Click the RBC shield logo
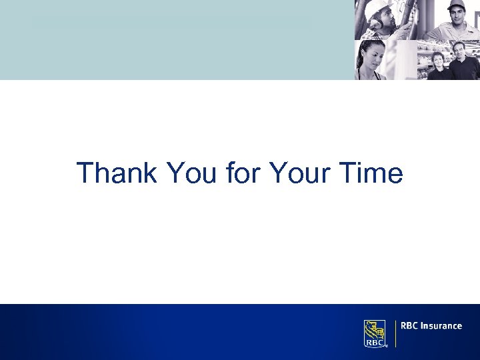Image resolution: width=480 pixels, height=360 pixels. [x=375, y=333]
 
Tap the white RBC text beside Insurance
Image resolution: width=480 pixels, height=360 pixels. [x=409, y=326]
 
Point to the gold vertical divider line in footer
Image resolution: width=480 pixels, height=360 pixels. [x=396, y=333]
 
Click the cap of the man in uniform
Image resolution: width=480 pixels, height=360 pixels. [x=456, y=5]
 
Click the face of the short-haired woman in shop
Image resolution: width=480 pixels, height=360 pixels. [x=438, y=61]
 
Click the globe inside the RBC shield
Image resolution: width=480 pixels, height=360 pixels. [x=379, y=329]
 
